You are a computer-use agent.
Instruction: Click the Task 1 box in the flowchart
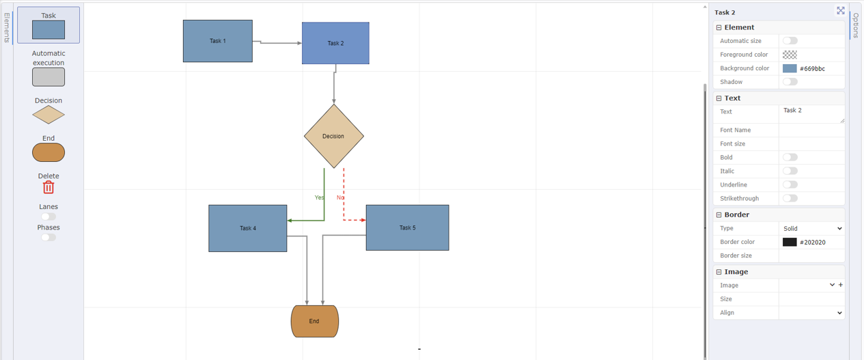(217, 41)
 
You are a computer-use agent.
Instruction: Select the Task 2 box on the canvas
(335, 43)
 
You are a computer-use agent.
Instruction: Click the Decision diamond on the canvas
(333, 136)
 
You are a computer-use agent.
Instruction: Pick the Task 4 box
(247, 228)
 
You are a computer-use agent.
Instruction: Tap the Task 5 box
(407, 227)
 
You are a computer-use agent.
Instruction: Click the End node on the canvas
(314, 321)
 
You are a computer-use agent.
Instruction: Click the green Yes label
(319, 197)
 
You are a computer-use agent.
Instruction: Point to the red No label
(340, 197)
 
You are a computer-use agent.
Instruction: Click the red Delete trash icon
(48, 187)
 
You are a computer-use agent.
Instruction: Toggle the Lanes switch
(48, 217)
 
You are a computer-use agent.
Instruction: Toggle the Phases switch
(48, 238)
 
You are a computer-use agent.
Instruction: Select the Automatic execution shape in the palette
(48, 77)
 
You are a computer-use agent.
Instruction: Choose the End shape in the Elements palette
(48, 152)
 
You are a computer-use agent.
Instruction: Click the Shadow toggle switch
(790, 82)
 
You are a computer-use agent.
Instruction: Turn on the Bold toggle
(790, 157)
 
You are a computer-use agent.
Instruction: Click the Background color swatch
(790, 68)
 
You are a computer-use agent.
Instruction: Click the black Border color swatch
(790, 242)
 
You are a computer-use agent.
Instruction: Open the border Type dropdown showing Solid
(811, 228)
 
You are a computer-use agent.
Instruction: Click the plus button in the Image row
(841, 285)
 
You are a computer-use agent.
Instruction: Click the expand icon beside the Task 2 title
(841, 11)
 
